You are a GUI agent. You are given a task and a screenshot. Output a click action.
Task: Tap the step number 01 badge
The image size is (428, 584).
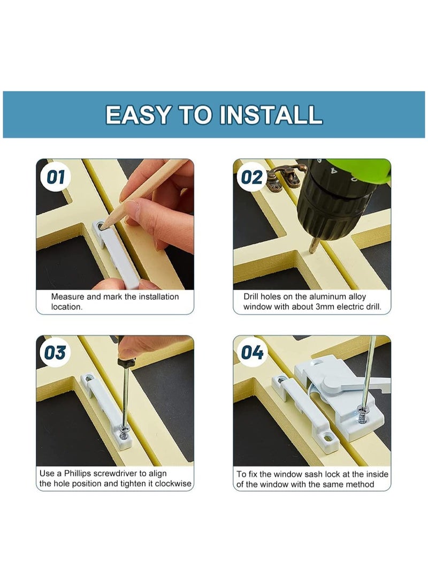[55, 177]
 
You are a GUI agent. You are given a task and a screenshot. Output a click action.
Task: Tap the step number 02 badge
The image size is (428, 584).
[252, 177]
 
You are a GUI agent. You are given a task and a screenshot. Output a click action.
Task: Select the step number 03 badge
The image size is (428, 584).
[55, 353]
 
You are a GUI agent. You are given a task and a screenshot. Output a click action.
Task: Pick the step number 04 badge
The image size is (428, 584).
[252, 353]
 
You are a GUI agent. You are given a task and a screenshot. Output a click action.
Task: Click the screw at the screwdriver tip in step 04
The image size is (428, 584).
[363, 414]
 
